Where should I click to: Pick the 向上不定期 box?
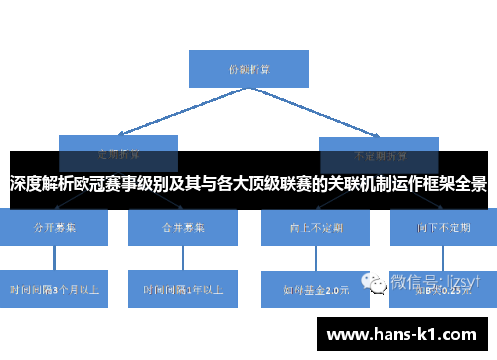tap(315, 228)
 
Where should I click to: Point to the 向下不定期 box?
tap(443, 228)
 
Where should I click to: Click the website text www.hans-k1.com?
tap(403, 334)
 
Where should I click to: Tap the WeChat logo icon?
tap(379, 282)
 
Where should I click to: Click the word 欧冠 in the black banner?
tap(92, 184)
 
